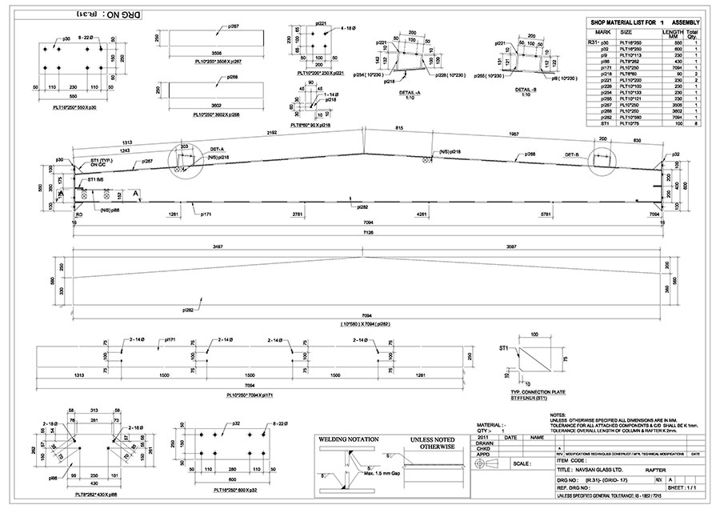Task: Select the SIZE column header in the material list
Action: [x=626, y=32]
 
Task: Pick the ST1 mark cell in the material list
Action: [x=593, y=125]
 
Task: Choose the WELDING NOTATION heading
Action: [x=348, y=439]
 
